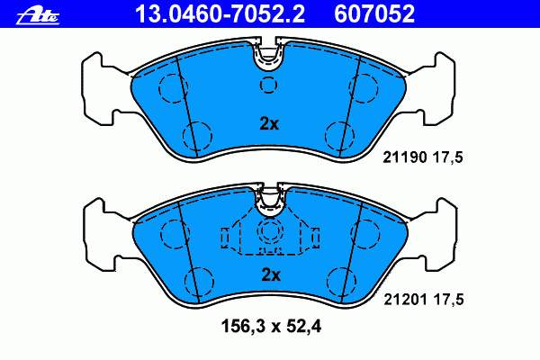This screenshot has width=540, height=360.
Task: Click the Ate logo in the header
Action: click(38, 16)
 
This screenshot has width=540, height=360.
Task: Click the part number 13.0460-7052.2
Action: click(220, 13)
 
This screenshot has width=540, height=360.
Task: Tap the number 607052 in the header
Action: click(374, 13)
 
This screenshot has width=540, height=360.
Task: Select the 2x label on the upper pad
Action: click(269, 124)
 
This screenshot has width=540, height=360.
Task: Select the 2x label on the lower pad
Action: click(271, 274)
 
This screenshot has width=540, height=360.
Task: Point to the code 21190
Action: click(405, 157)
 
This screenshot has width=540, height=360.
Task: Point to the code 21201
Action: click(405, 299)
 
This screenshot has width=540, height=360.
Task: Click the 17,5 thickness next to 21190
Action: click(447, 157)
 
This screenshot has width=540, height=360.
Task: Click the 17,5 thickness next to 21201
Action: click(448, 299)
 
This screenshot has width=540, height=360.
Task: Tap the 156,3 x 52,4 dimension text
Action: click(272, 326)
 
